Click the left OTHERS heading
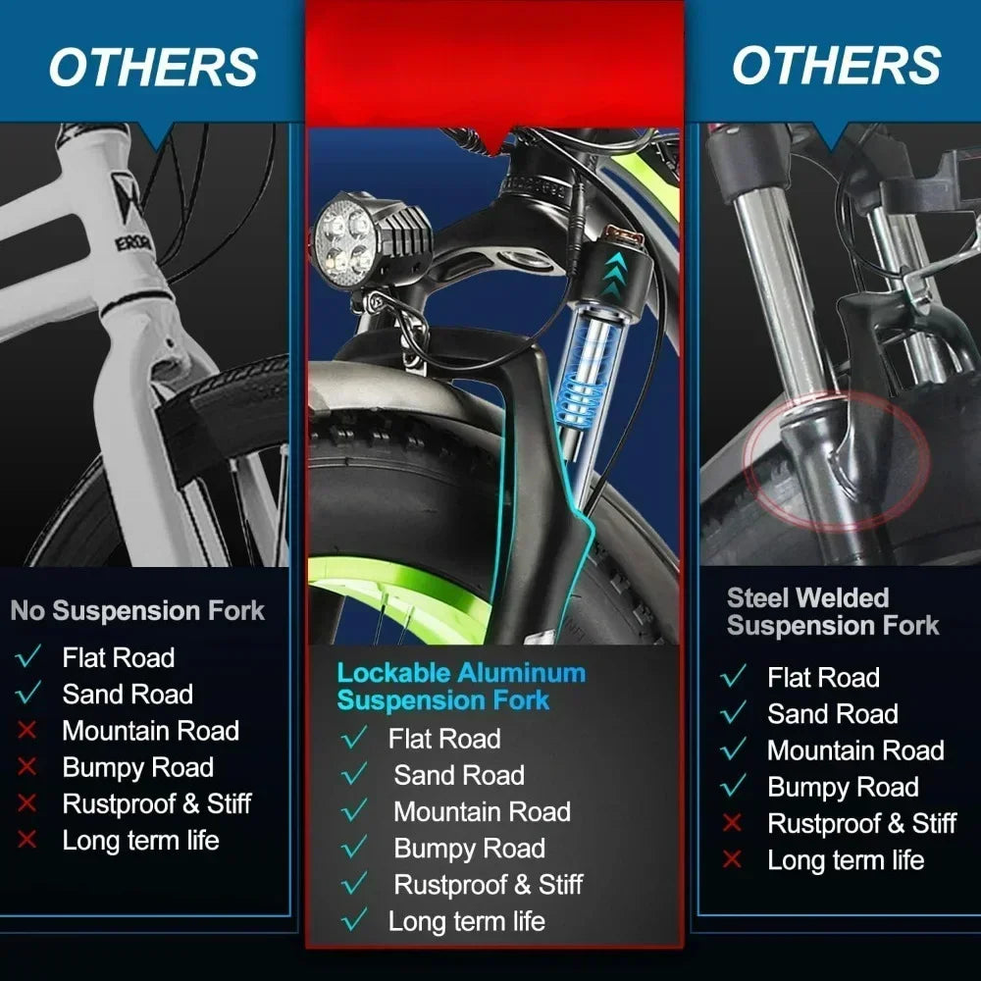point(153,67)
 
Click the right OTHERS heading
point(837,65)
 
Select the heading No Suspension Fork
point(137,610)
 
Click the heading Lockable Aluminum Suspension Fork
point(461,687)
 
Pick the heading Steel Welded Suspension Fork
point(833,611)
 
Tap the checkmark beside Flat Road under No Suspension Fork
point(28,656)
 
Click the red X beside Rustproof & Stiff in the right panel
point(732,823)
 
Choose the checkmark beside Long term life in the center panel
point(355,920)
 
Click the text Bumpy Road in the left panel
point(137,768)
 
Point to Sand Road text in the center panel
point(459,775)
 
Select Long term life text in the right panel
point(846,860)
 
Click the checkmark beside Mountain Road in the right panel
point(733,749)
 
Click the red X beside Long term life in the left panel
point(26,840)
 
